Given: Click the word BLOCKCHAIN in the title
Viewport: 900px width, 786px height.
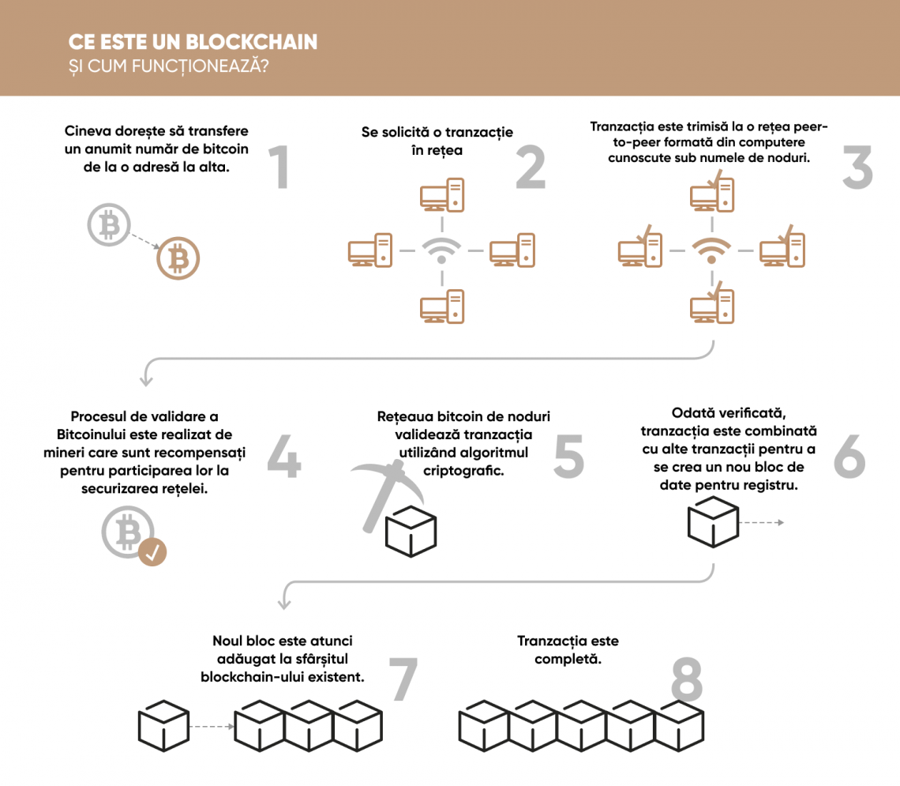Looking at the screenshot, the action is click(251, 42).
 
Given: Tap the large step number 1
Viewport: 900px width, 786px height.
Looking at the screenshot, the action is click(279, 167).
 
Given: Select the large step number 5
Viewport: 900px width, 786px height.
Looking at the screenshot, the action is click(568, 456).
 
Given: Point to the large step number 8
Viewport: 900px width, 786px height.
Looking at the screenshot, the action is click(687, 679).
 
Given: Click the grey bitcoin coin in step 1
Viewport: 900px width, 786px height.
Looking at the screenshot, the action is click(109, 224).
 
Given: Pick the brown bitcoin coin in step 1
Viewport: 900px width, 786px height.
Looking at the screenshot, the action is click(178, 258).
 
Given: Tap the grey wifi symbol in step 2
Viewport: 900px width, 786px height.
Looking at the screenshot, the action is click(441, 250).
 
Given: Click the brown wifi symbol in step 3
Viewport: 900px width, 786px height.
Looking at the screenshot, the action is click(712, 250).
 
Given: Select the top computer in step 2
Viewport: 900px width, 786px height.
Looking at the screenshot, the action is click(442, 195).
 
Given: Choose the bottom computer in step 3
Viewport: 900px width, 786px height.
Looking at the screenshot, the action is click(712, 304).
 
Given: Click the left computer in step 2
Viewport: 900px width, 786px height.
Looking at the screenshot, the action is click(370, 250).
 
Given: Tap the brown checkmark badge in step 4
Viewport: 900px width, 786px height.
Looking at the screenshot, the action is click(152, 552).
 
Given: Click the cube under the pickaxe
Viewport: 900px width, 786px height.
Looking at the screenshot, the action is click(411, 532).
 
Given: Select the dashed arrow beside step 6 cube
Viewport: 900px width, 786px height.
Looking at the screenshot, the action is click(761, 522).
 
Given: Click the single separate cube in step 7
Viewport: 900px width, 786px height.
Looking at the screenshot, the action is click(163, 726).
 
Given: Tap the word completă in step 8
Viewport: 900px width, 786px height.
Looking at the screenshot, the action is click(568, 659).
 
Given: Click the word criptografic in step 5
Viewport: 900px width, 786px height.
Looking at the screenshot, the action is click(463, 471).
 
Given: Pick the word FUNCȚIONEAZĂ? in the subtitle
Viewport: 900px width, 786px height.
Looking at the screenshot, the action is click(200, 66).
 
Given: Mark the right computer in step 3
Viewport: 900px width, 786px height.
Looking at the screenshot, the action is click(782, 248).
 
